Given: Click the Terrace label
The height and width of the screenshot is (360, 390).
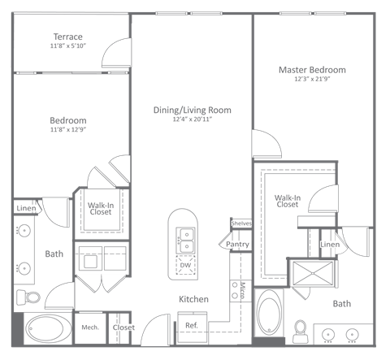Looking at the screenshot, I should click(68, 37).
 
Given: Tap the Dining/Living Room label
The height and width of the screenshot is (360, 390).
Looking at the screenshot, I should click(192, 110).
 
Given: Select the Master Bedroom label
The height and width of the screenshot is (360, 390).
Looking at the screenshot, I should click(312, 70).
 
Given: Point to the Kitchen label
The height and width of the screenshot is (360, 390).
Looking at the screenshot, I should click(193, 300).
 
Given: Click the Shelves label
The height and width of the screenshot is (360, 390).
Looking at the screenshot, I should click(241, 223).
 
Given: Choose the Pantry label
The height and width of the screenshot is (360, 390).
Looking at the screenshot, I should click(237, 243).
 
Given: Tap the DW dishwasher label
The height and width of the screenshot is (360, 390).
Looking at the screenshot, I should click(185, 266).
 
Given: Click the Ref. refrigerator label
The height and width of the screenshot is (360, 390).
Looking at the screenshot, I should click(193, 325).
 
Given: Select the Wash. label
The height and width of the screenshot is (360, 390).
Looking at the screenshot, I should click(90, 327).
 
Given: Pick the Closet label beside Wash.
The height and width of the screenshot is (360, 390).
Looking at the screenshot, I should click(123, 327).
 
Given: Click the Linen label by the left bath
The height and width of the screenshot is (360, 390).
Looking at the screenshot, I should click(25, 209).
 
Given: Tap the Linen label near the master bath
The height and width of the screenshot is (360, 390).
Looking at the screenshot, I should click(329, 245).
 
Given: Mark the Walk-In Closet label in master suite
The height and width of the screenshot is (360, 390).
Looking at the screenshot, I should click(287, 201).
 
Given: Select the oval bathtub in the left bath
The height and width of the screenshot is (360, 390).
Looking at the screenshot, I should click(47, 330).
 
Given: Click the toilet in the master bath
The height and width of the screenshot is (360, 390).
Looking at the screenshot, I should click(300, 329).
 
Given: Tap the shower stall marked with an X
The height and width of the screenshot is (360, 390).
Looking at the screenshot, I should click(310, 272).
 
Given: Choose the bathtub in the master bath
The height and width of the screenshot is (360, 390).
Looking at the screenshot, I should click(268, 316).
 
